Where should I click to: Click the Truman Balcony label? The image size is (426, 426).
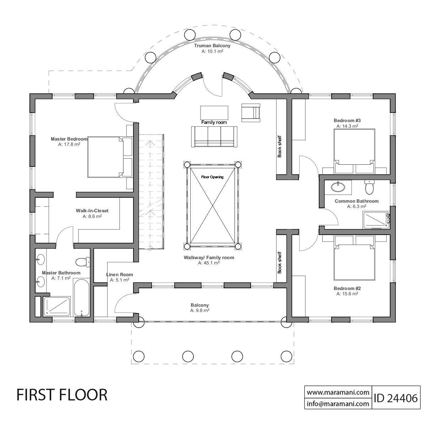212,46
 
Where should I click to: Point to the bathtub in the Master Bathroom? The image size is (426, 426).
82,297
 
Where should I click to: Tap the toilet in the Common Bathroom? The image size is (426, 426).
370,187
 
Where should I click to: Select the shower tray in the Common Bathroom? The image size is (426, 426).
376,219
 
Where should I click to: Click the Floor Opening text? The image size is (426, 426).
212,177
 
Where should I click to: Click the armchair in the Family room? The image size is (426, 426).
251,112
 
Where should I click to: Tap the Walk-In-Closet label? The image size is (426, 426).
92,211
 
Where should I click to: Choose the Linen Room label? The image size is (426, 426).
120,274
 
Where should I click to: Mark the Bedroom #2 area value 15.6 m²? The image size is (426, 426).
347,294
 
